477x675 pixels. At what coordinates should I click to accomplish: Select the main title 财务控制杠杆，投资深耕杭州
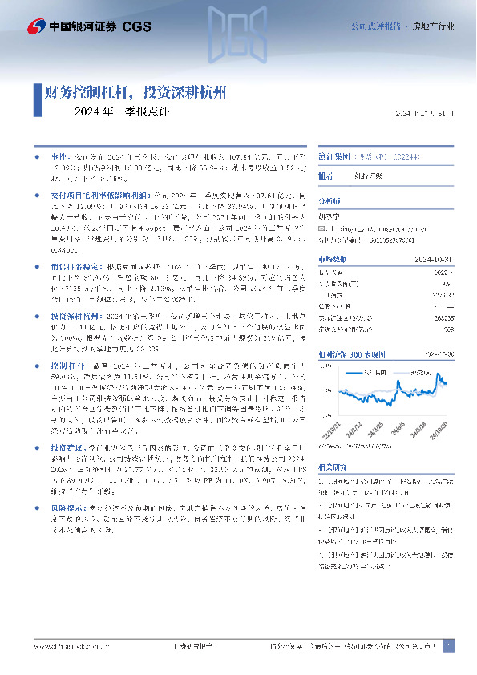[x=135, y=92]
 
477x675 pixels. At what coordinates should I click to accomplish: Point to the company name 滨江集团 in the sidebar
[x=333, y=158]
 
